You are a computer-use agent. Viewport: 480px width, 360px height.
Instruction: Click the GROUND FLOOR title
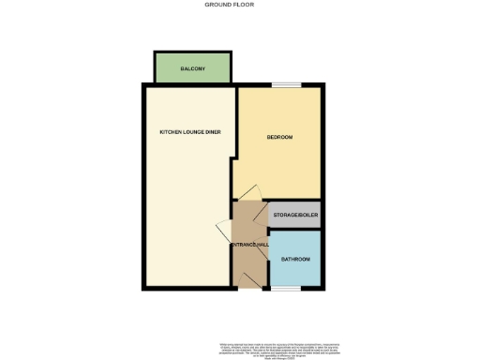click(229, 5)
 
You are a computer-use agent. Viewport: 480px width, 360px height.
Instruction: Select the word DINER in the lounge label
click(211, 131)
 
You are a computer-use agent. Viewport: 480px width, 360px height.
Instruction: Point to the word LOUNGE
click(191, 131)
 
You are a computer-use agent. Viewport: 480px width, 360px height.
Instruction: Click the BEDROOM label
click(279, 138)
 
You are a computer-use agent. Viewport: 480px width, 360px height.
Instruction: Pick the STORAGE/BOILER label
click(295, 216)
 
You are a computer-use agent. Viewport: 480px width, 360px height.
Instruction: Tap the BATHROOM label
click(295, 258)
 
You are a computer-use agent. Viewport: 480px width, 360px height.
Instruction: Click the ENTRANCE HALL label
click(250, 245)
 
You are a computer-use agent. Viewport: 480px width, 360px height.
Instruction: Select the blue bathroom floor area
click(295, 272)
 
